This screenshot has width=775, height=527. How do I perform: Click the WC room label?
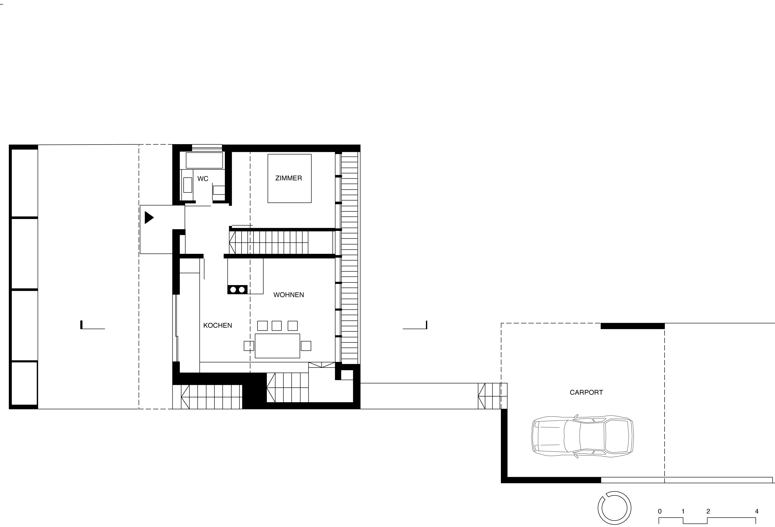point(203,179)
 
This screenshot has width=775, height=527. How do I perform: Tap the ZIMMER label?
point(289,178)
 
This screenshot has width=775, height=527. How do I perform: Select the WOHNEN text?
point(289,295)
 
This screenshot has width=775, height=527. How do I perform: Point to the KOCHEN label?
point(217,326)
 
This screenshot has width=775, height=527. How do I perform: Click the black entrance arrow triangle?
point(149,218)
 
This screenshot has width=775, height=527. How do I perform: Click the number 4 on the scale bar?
point(757,511)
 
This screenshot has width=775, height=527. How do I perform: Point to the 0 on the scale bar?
point(660,511)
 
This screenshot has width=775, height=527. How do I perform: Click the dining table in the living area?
point(277,346)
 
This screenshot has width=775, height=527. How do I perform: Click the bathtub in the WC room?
point(204,160)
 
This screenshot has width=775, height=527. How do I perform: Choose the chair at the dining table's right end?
point(306,346)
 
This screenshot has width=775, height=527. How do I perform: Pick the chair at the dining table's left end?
point(249,346)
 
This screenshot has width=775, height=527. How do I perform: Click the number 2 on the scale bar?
point(708,511)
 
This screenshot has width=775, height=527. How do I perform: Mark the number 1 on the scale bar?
point(683,511)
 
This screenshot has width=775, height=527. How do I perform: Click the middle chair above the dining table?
point(276,326)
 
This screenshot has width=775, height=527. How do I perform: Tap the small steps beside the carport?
point(492,396)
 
